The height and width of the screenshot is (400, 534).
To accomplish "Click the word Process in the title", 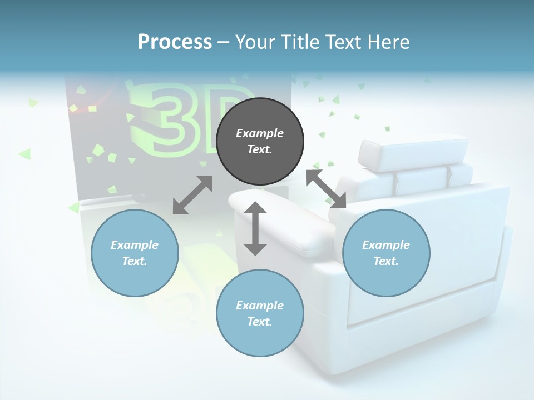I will [175, 42].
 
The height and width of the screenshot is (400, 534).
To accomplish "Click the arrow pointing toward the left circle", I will [192, 195].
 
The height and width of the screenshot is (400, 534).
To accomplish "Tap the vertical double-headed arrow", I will [255, 228].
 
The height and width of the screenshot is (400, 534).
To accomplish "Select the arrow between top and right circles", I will [327, 189].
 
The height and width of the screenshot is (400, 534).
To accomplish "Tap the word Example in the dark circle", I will [260, 133].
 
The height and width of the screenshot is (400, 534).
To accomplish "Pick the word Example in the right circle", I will [386, 245].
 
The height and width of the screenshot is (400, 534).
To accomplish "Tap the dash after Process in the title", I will [224, 42].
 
